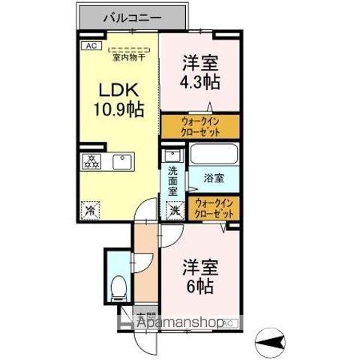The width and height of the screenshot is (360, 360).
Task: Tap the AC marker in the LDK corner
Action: pyautogui.click(x=91, y=46)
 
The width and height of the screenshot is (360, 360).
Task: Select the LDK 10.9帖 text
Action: pyautogui.click(x=117, y=97)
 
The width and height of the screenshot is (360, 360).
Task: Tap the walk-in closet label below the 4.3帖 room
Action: pyautogui.click(x=199, y=126)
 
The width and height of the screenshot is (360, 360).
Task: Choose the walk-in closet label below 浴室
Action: pyautogui.click(x=213, y=208)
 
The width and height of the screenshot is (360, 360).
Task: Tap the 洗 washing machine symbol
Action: pyautogui.click(x=172, y=211)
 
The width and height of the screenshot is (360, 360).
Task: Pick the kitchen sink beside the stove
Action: pyautogui.click(x=121, y=161)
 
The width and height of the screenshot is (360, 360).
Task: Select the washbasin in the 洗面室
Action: pyautogui.click(x=171, y=157)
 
